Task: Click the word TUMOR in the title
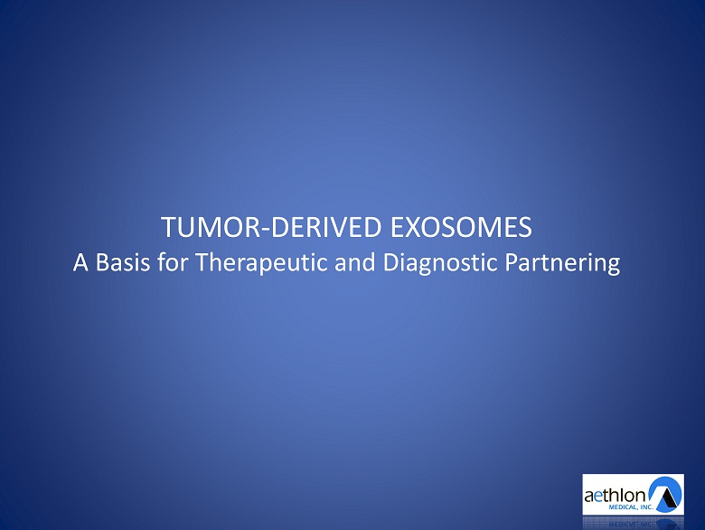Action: [x=211, y=227]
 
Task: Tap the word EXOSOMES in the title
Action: [x=461, y=227]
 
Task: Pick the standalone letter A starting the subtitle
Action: [x=80, y=262]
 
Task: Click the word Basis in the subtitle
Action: [x=123, y=262]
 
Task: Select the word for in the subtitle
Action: [x=173, y=262]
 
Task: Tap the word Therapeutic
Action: [x=262, y=264]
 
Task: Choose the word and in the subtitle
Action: [x=355, y=262]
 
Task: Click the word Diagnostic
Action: [x=440, y=264]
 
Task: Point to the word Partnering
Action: [x=562, y=264]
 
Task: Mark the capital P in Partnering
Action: [x=512, y=262]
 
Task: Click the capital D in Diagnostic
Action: [x=390, y=262]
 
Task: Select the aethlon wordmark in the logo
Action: [x=616, y=496]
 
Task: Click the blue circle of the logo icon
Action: [x=665, y=494]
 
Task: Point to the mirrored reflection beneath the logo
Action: [x=633, y=523]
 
